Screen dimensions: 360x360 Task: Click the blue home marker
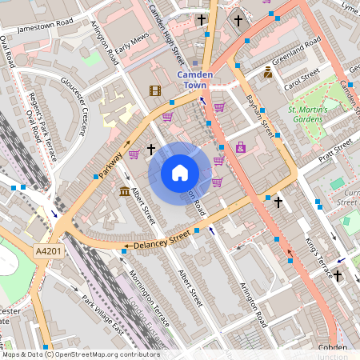click(180, 172)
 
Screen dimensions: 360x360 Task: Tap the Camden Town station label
click(195, 79)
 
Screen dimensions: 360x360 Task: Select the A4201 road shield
click(47, 251)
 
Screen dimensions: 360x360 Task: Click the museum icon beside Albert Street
click(125, 192)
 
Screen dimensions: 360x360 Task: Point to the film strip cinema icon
click(155, 91)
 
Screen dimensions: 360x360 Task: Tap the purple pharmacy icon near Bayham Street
click(241, 147)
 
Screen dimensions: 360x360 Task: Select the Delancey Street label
click(163, 238)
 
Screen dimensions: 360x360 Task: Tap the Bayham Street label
click(256, 113)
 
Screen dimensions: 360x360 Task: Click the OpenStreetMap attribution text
click(81, 354)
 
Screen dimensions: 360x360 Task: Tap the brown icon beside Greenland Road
click(268, 72)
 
